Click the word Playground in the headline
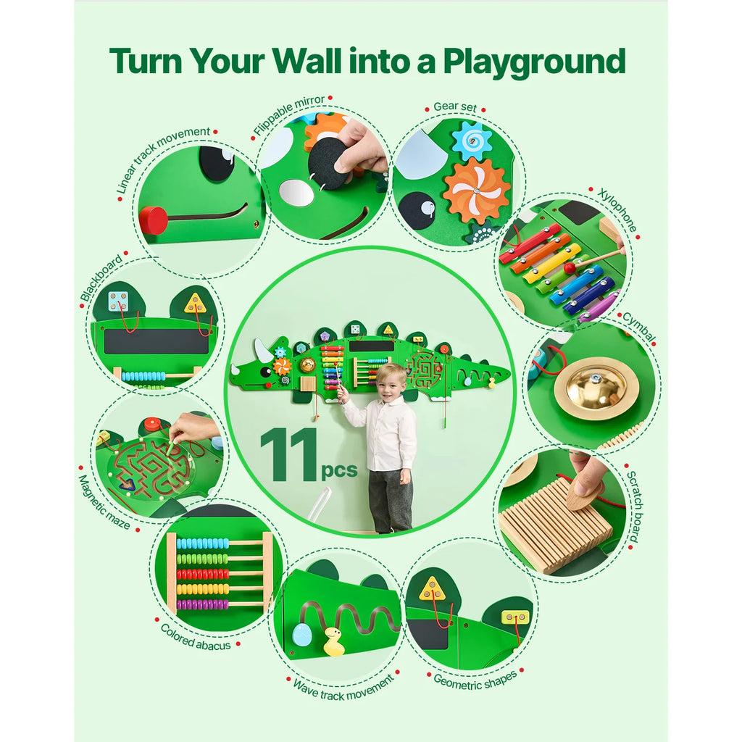coord(534,62)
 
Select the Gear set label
coord(455,107)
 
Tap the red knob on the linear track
coord(153,220)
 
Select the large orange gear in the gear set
coord(476,191)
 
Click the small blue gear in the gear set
coord(472,140)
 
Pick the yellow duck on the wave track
coord(333,642)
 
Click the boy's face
coord(391,385)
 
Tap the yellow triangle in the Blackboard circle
coord(194,303)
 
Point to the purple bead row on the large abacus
coord(202,604)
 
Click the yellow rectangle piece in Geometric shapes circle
coord(515,617)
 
